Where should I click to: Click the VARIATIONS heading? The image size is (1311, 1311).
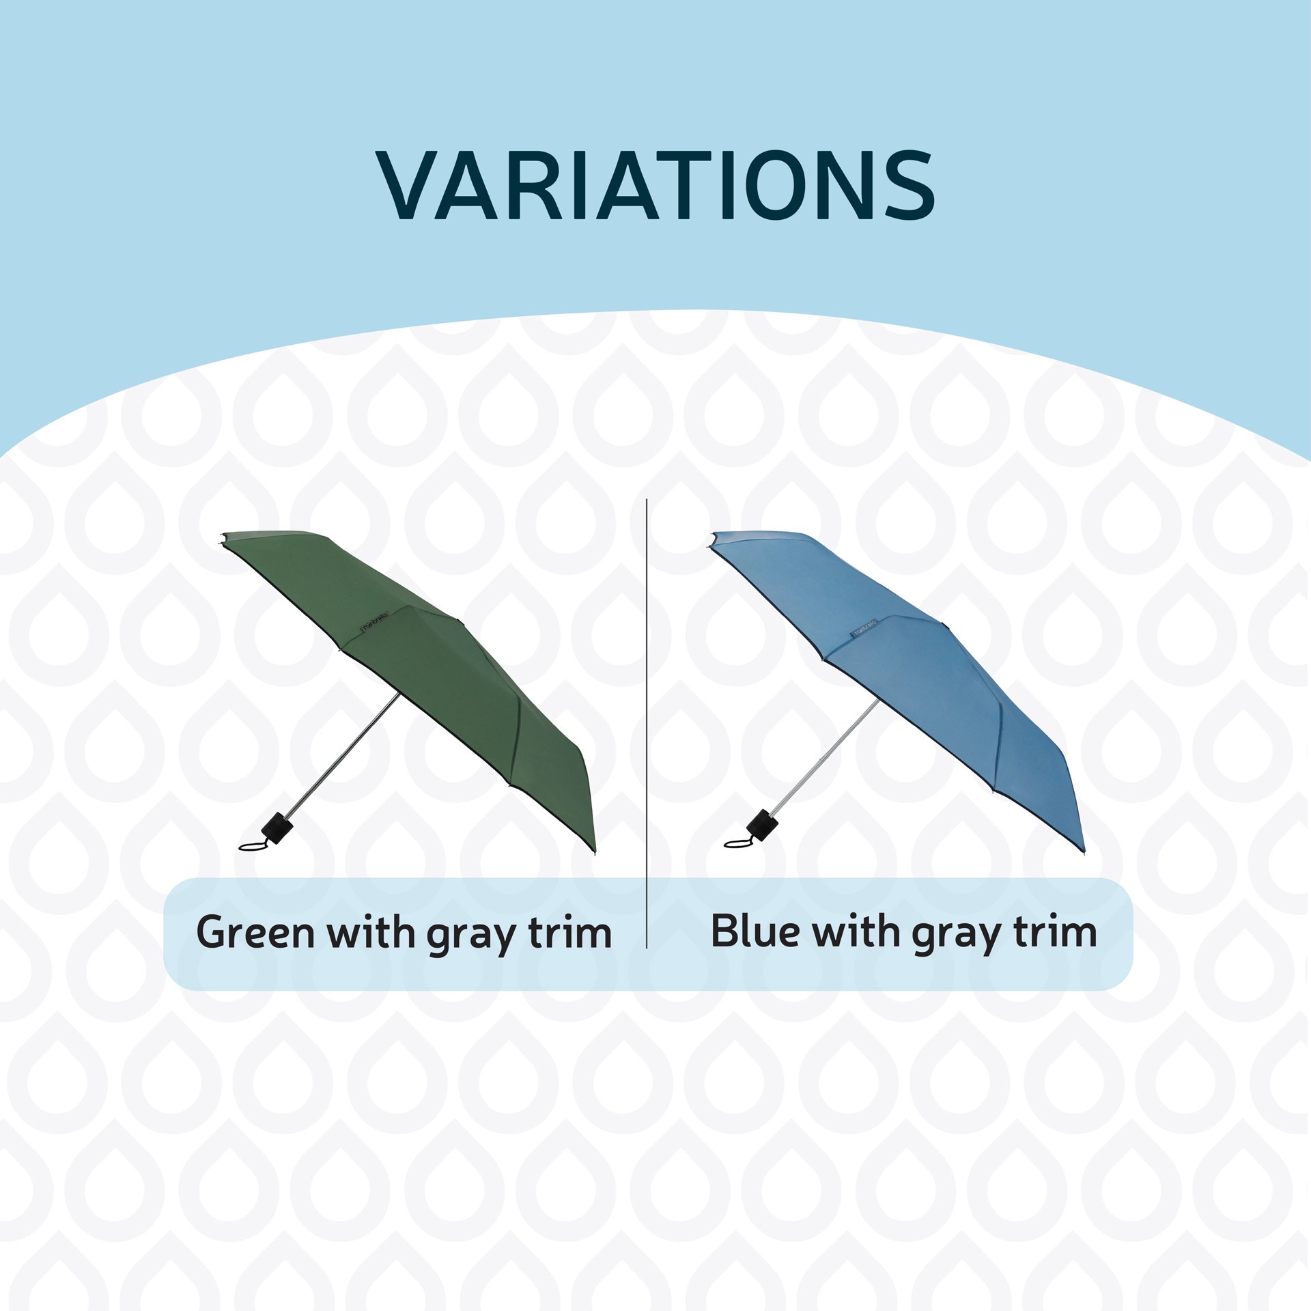[x=655, y=185]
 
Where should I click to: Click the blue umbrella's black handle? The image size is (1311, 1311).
[x=763, y=824]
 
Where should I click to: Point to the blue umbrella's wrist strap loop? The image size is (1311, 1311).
[x=738, y=843]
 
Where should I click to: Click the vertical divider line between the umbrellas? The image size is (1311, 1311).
[x=646, y=683]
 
